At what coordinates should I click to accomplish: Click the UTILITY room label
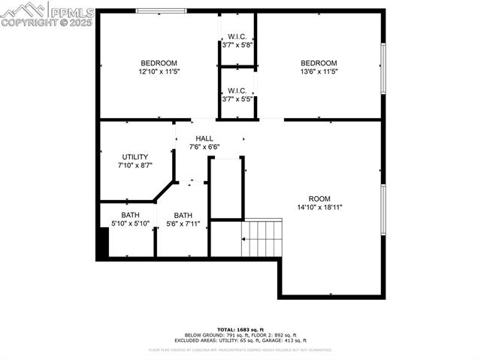tap(135, 157)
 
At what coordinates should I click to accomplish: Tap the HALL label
tap(204, 138)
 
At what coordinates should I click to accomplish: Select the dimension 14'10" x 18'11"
tap(319, 207)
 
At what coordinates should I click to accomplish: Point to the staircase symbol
tap(261, 237)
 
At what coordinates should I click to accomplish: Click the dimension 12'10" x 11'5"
tap(159, 71)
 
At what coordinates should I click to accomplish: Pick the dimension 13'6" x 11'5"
tap(319, 71)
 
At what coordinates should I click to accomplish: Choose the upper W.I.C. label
tap(237, 36)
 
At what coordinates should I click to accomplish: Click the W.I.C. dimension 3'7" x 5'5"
tap(237, 99)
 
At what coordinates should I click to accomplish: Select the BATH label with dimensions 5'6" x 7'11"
tap(183, 214)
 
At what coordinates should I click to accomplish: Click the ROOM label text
tap(319, 198)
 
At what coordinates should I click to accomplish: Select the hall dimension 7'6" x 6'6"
tap(204, 147)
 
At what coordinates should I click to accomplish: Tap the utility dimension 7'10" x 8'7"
tap(135, 165)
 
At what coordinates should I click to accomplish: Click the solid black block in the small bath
tap(104, 241)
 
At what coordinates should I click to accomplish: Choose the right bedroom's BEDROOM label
tap(319, 63)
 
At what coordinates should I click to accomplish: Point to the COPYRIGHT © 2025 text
tap(47, 23)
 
